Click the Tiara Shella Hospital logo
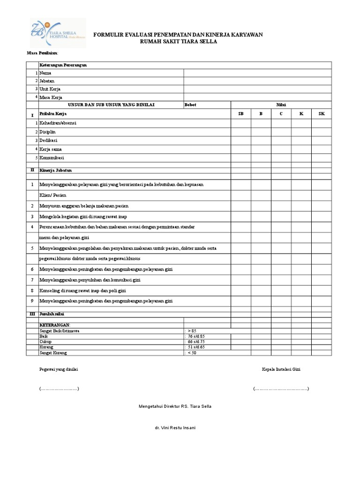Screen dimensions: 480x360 [57, 33]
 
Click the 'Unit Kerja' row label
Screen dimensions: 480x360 [50, 89]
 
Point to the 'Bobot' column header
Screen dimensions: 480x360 [191, 105]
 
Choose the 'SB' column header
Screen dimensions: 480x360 [241, 114]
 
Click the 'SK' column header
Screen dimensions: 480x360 [322, 114]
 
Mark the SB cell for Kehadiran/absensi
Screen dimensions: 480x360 [241, 123]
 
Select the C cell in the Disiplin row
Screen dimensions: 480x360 [281, 132]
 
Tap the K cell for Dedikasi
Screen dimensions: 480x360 [301, 140]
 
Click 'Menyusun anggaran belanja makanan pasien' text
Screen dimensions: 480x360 [83, 206]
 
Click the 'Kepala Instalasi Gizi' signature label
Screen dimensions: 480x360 [281, 369]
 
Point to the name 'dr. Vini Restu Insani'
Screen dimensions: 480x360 [175, 428]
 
